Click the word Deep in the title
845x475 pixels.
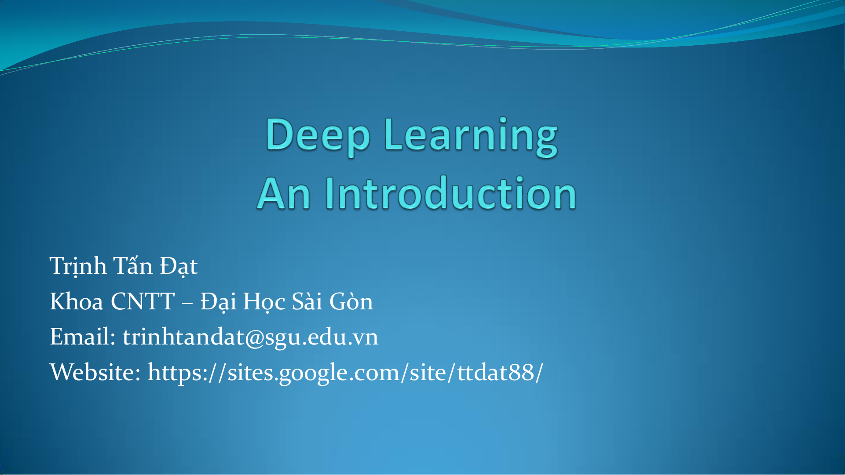tap(318, 136)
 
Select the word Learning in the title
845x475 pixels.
tap(471, 136)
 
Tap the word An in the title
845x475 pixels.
tap(284, 193)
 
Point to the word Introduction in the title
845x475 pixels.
tap(451, 192)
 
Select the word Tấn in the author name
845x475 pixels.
tap(133, 265)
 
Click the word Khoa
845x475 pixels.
tap(77, 301)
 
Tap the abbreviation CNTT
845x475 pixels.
tap(143, 301)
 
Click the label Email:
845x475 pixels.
tap(83, 337)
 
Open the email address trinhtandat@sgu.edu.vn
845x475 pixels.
tap(250, 337)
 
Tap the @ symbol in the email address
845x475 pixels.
tap(254, 338)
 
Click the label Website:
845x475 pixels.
tap(95, 372)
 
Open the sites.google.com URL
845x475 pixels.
tap(345, 373)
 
